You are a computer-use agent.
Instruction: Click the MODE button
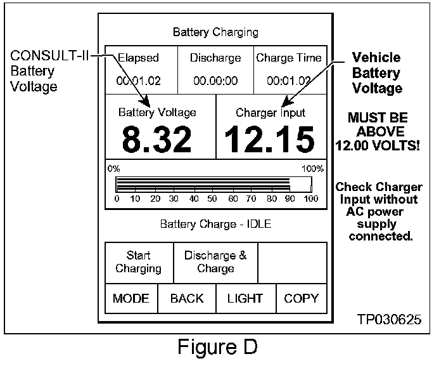(131, 298)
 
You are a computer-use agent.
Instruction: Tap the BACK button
(187, 298)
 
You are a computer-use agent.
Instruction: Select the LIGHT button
(245, 298)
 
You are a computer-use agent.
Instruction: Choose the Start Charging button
(138, 261)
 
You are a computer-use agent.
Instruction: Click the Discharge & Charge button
(215, 261)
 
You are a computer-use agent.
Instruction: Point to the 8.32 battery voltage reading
(156, 139)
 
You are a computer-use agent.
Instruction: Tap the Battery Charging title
(215, 32)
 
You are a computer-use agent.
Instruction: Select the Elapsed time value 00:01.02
(137, 81)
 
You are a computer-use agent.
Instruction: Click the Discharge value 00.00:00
(215, 81)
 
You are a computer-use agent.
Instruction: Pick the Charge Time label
(289, 58)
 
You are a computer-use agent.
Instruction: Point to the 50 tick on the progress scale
(213, 199)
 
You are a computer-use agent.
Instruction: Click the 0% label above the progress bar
(114, 169)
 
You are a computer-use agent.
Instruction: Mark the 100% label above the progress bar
(313, 169)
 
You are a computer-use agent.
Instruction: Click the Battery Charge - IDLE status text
(215, 224)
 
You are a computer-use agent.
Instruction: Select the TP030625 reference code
(388, 319)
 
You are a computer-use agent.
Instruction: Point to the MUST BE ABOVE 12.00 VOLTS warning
(378, 132)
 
